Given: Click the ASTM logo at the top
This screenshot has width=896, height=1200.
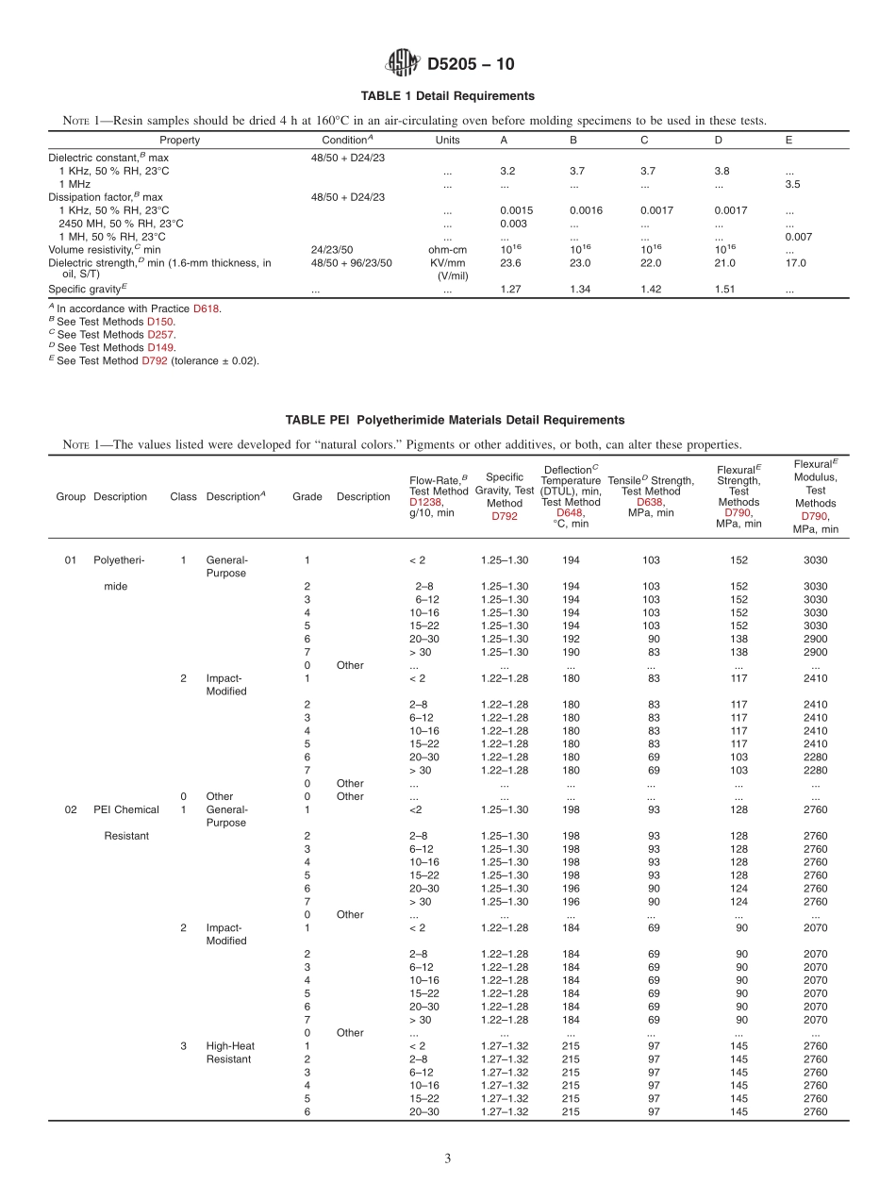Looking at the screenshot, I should coord(404,64).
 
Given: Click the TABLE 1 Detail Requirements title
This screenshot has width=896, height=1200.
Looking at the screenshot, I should coord(447,96).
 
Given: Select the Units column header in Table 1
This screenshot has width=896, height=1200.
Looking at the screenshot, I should coord(447,141).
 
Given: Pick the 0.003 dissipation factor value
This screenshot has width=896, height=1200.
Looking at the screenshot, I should coord(513,224).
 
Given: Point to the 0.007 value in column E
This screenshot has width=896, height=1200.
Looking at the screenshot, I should coord(798,237).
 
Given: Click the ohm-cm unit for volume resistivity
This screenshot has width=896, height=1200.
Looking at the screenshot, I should coord(447,250).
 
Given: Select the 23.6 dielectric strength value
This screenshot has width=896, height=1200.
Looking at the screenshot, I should coord(511,263).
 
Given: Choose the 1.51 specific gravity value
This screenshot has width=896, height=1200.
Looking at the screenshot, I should coord(725,291).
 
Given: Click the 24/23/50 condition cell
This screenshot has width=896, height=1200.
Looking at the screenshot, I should coord(332,250).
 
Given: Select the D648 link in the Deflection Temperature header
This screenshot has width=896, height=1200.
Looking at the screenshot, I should coord(570,513).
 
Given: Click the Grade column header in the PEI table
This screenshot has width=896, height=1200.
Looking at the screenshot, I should coord(307,497).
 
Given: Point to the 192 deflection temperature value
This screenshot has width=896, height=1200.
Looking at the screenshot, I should coord(571,639).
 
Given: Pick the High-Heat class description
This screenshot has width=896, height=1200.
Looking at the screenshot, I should coord(230,1045).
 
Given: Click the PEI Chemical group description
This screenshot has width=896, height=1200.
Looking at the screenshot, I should coord(126,809).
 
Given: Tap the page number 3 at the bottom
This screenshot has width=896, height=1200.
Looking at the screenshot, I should coord(447,1159).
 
